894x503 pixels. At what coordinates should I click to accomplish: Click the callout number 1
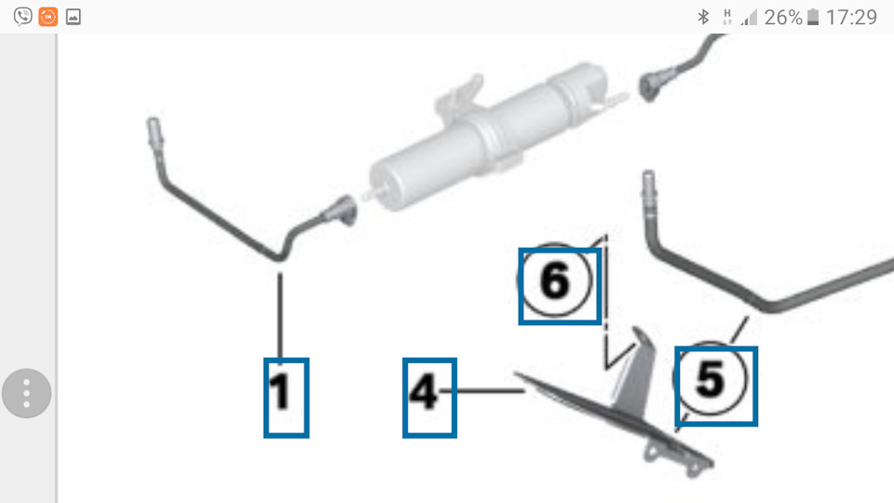tap(280, 391)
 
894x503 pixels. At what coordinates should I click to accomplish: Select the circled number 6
tap(555, 280)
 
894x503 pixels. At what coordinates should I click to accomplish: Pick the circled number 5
tap(710, 379)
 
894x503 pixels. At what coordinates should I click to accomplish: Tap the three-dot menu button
tap(26, 393)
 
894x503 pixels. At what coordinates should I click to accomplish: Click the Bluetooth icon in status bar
tap(704, 17)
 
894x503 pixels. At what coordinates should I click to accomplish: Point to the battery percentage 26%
tap(783, 18)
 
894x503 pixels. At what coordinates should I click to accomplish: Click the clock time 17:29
tap(852, 18)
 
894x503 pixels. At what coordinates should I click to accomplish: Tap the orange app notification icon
tap(47, 17)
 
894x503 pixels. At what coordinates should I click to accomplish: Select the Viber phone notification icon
tap(22, 17)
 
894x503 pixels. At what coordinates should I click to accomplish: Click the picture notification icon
tap(73, 17)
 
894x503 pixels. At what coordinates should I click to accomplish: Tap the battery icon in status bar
tap(813, 17)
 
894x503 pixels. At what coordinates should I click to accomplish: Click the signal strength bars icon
tap(749, 18)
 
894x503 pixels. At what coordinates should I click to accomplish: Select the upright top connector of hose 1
tap(154, 133)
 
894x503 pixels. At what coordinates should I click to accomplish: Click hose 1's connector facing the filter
tap(341, 211)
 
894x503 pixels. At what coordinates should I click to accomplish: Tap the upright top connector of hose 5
tap(649, 187)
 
